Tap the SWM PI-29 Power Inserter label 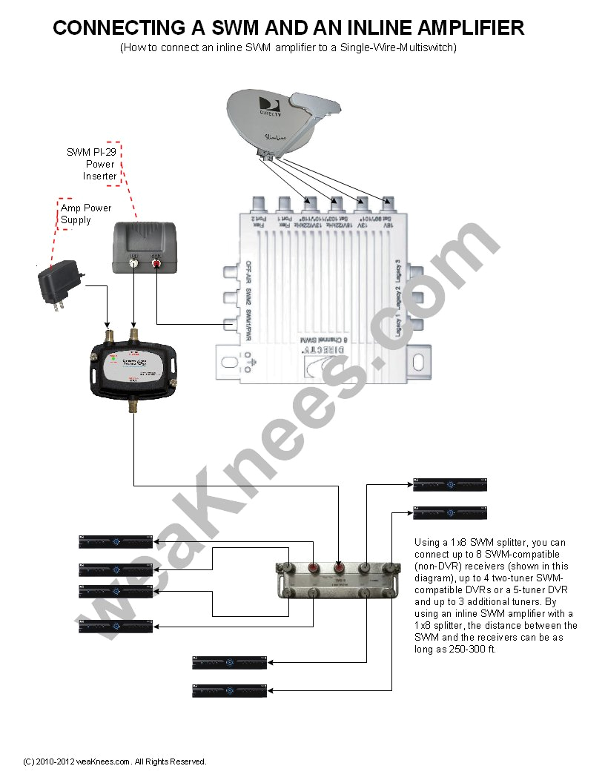(x=91, y=164)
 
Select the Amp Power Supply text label (x=86, y=214)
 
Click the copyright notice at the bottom (x=115, y=761)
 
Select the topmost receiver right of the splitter (x=450, y=485)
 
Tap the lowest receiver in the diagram (x=229, y=690)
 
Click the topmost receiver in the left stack (x=116, y=542)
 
